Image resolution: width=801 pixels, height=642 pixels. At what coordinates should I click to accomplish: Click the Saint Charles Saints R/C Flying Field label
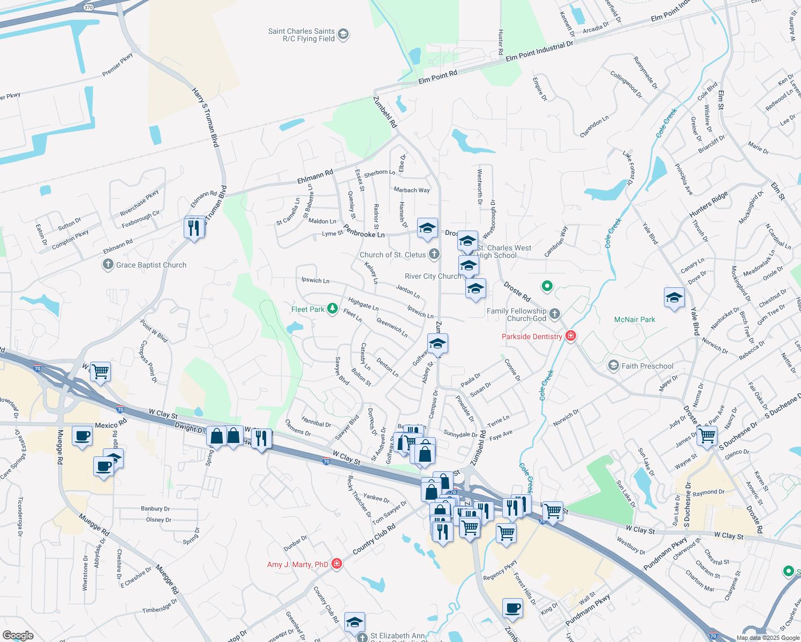coord(301,35)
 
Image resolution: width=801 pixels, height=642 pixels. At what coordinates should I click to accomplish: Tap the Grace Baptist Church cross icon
coord(108,264)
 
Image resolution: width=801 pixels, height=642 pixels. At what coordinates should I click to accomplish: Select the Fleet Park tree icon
coord(333,309)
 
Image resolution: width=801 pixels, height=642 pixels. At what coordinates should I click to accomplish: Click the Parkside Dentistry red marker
coord(571,336)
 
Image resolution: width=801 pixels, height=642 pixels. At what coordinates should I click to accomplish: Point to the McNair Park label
coord(634,319)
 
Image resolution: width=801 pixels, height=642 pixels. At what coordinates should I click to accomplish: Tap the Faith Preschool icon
coord(613,366)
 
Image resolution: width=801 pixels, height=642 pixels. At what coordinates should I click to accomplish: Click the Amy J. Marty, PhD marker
coord(337,564)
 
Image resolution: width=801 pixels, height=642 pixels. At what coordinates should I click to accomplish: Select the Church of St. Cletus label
coord(392,255)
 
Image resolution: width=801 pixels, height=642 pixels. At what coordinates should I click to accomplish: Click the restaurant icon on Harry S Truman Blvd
coord(194,227)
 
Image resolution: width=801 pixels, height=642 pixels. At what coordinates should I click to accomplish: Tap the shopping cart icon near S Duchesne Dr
coord(707,435)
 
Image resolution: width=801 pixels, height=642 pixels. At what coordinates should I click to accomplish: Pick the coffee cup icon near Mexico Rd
coord(82,436)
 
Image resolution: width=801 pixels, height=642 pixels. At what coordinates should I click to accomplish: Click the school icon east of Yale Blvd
coord(674,298)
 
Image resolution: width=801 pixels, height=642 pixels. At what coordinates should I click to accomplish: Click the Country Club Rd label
coord(374,539)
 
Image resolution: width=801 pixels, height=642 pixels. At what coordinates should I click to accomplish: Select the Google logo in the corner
coord(18,636)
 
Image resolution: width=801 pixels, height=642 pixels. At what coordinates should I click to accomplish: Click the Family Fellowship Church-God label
coord(517,315)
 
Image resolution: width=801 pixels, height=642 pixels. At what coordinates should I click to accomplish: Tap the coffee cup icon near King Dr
coord(512,608)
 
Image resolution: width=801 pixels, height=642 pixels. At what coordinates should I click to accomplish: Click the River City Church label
coord(433,276)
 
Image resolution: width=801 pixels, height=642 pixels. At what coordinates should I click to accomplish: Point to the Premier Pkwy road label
coord(117,65)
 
